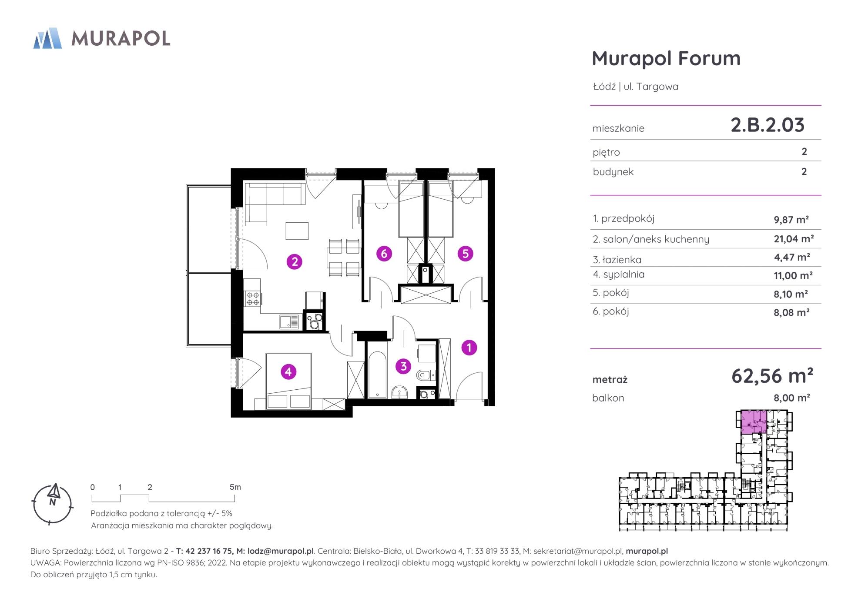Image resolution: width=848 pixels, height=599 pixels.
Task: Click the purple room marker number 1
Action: (469, 348)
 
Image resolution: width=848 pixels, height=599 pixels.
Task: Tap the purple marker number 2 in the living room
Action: (295, 262)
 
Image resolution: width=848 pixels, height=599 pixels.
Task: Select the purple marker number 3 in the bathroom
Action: (403, 366)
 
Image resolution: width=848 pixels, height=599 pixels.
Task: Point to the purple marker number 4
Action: (288, 371)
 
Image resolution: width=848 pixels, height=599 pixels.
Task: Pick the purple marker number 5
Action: (466, 253)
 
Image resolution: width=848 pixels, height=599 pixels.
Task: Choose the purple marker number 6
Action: (384, 253)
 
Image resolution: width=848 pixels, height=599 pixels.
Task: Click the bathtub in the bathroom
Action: (377, 370)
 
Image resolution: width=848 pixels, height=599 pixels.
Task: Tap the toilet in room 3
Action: (426, 374)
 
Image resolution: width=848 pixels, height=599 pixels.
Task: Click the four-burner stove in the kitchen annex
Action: (252, 298)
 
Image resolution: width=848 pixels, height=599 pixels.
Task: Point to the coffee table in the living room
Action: (297, 231)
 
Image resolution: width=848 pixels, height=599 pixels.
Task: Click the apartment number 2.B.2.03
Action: (768, 125)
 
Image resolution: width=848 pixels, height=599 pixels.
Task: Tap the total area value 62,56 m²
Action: (772, 375)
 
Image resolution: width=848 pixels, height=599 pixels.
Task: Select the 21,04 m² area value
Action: (794, 238)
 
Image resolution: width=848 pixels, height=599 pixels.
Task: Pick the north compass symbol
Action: (53, 503)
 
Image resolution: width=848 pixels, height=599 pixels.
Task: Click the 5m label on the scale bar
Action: (235, 487)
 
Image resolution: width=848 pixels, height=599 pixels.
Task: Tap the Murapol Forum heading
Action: (666, 59)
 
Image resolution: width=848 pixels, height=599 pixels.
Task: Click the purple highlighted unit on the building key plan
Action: (754, 422)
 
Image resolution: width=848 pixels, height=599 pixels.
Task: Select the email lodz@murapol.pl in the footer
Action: (280, 551)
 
